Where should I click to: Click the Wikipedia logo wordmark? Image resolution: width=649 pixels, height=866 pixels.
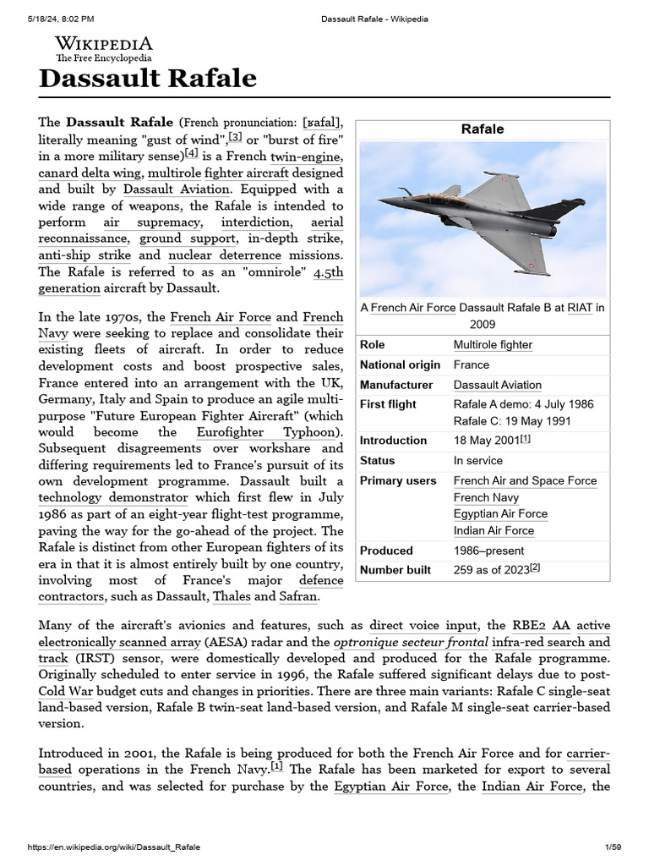104,43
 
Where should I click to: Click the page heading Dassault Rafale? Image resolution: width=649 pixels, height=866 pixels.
148,79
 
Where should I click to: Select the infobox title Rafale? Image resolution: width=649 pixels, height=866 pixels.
483,129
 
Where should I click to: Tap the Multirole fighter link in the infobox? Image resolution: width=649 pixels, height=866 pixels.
493,345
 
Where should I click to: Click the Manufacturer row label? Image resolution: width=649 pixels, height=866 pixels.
396,385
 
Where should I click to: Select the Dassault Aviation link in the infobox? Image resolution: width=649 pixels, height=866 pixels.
497,385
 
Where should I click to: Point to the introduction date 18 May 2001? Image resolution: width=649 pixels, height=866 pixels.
486,441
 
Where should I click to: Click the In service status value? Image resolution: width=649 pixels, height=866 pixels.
477,461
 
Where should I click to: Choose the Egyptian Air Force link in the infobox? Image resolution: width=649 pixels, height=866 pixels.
500,514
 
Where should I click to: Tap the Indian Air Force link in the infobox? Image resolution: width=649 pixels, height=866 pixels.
494,531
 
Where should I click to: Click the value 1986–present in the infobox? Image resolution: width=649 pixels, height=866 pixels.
488,551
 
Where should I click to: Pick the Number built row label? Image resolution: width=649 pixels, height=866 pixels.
395,570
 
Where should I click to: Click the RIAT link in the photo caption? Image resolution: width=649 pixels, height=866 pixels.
580,308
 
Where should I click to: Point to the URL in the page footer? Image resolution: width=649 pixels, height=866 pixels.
114,847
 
